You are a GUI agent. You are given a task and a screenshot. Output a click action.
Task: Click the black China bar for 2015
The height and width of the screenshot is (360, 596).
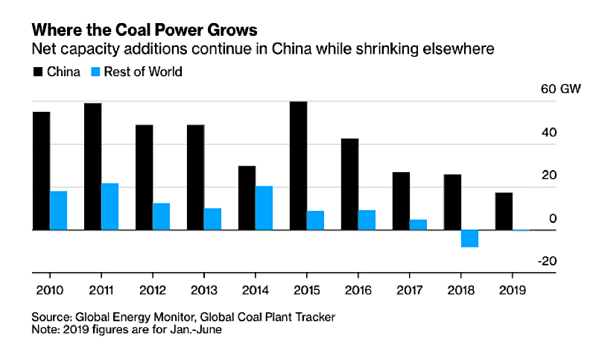[x=298, y=166]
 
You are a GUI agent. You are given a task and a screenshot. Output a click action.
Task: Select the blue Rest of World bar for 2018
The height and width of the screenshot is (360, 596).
[x=469, y=239]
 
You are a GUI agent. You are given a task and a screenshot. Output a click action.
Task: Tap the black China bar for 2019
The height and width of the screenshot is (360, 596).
[x=504, y=212]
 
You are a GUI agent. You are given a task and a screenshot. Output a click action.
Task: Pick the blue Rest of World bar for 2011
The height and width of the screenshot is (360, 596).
[x=110, y=207]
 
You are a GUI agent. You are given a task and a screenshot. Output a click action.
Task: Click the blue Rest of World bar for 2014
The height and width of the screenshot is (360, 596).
[x=264, y=209]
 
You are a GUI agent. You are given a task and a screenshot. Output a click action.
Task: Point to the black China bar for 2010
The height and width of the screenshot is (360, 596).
[x=41, y=171]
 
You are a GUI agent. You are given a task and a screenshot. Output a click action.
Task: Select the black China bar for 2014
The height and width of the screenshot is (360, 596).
[x=247, y=198]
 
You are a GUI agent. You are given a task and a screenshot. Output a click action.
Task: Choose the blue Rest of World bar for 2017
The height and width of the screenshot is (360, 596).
[x=418, y=225]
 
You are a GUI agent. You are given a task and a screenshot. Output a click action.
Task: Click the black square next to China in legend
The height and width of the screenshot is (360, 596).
[x=37, y=72]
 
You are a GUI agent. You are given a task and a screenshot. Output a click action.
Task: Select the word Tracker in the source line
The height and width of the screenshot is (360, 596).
[x=314, y=317]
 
